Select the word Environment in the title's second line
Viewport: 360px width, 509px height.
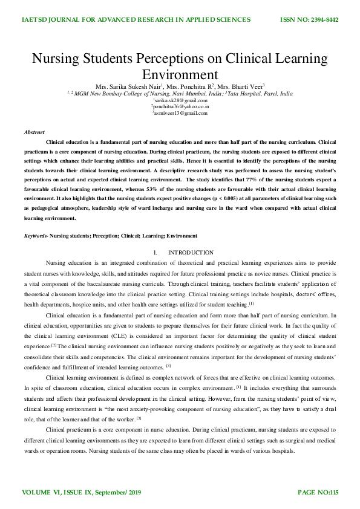(x=180, y=75)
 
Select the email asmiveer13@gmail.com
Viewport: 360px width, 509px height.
(x=180, y=113)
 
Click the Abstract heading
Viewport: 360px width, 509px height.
(x=34, y=132)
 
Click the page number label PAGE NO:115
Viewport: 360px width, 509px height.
(x=318, y=493)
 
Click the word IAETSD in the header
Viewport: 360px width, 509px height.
(x=38, y=20)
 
